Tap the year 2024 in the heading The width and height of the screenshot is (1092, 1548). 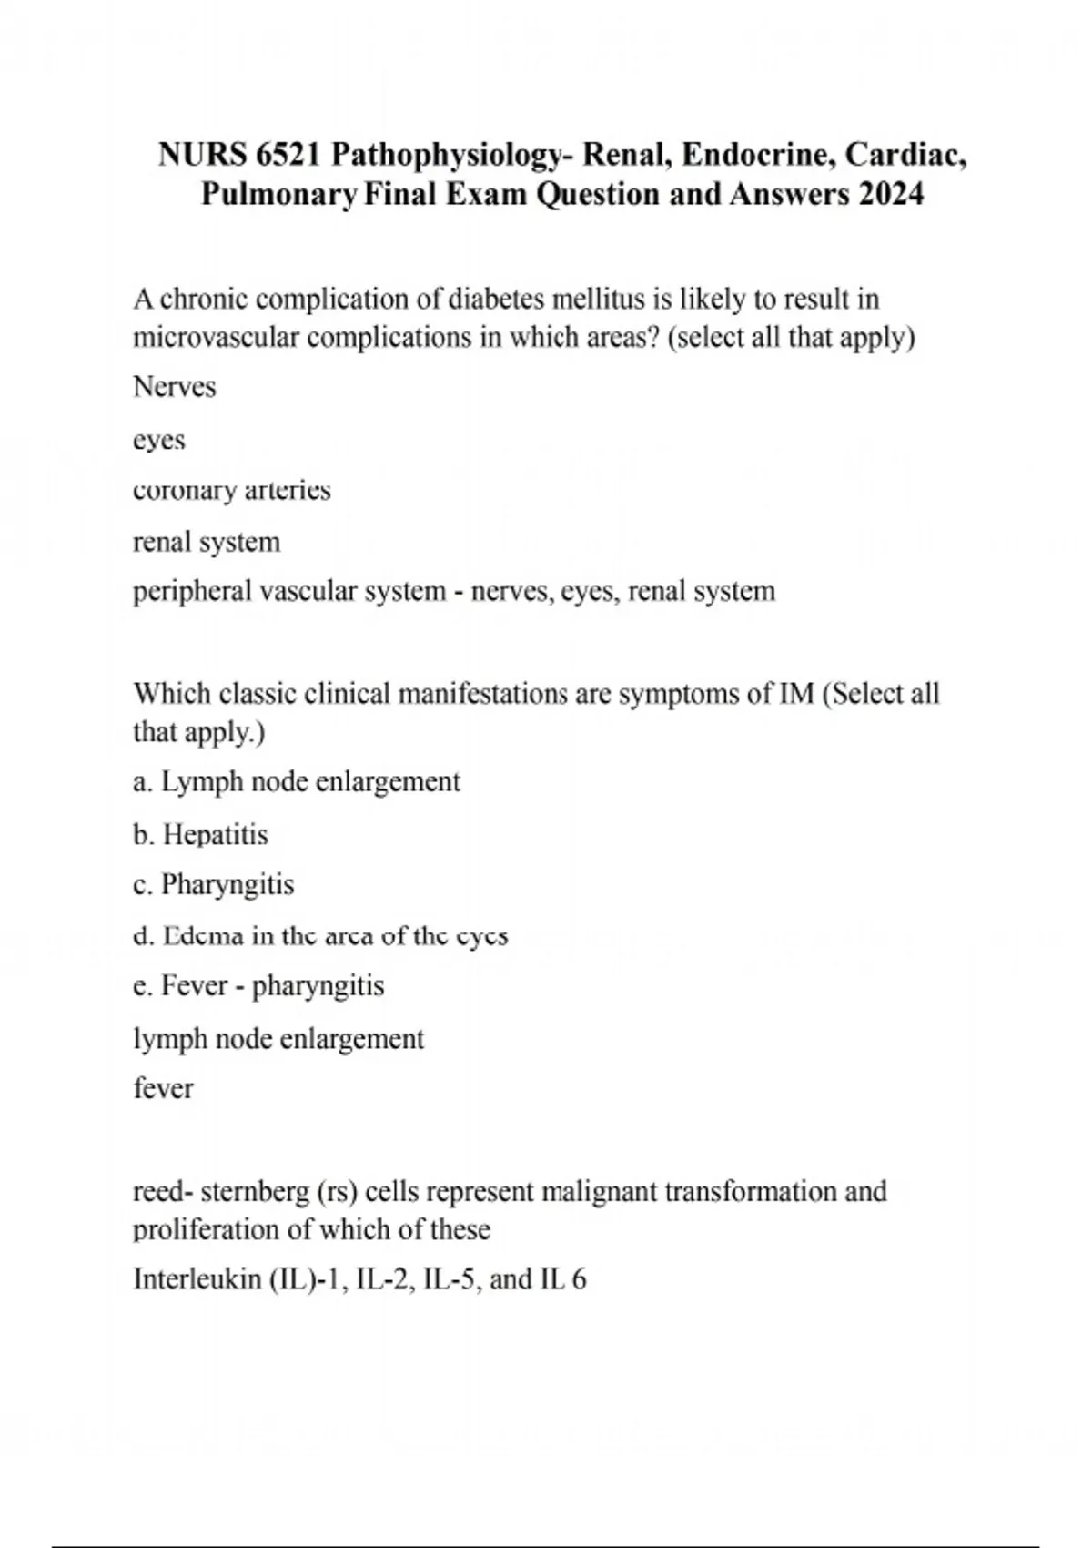pyautogui.click(x=890, y=194)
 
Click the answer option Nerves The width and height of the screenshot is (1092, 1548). pyautogui.click(x=175, y=387)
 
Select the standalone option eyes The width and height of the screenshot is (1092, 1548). pyautogui.click(x=159, y=441)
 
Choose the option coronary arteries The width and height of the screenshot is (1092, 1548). pyautogui.click(x=232, y=490)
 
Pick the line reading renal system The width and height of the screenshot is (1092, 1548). pyautogui.click(x=207, y=542)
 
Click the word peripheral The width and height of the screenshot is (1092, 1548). pyautogui.click(x=192, y=592)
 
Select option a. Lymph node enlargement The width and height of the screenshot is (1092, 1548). pyautogui.click(x=297, y=781)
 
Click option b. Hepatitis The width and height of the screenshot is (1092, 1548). pyautogui.click(x=201, y=834)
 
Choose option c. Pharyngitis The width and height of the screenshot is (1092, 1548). pyautogui.click(x=214, y=884)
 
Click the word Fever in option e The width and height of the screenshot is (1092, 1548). pyautogui.click(x=194, y=985)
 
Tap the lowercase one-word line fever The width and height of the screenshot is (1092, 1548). pyautogui.click(x=164, y=1088)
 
